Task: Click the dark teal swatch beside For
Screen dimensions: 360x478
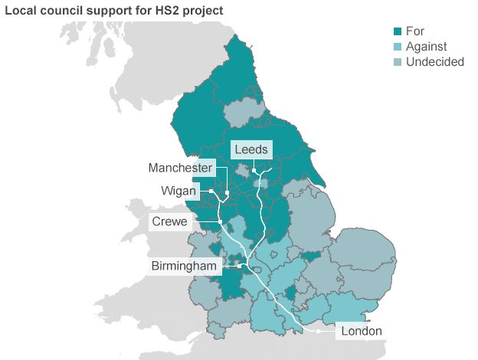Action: click(398, 31)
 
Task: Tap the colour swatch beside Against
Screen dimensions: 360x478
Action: click(398, 47)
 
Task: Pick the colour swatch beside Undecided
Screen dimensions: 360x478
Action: click(398, 62)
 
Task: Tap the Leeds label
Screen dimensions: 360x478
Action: click(252, 149)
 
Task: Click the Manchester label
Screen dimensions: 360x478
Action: click(180, 168)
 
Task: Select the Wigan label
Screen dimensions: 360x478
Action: click(178, 190)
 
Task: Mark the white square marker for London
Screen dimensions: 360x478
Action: click(317, 331)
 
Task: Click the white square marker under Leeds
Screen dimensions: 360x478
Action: click(254, 170)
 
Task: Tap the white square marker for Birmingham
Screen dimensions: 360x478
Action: click(241, 266)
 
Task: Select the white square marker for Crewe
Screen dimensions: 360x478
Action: click(221, 222)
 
